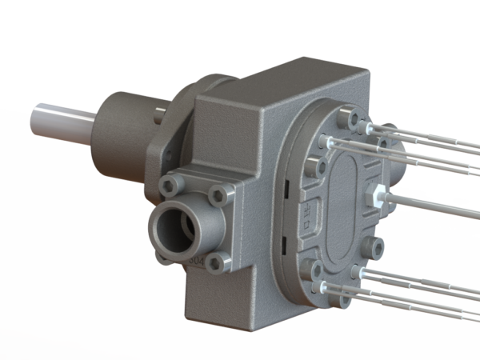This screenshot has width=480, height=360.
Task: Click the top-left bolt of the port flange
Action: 169,186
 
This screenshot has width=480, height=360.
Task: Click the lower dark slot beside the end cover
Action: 286,237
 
